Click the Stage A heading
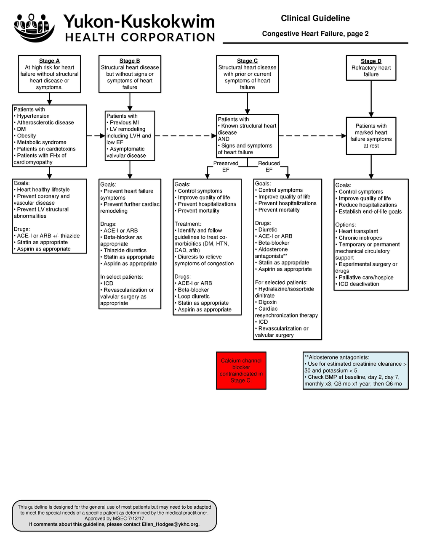click(x=49, y=61)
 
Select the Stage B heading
click(x=130, y=61)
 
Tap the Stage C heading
click(x=247, y=61)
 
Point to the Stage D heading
click(x=371, y=61)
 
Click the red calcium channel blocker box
click(x=241, y=370)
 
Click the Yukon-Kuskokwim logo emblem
click(x=34, y=27)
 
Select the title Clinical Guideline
click(x=315, y=18)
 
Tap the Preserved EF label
click(x=226, y=166)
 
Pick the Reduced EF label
click(x=269, y=166)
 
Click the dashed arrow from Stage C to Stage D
click(x=312, y=136)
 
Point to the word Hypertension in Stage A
click(x=33, y=116)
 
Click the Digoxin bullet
click(x=267, y=302)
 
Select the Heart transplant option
click(x=358, y=231)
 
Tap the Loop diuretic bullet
click(x=194, y=296)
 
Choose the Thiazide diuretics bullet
click(x=125, y=251)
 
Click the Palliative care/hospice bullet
click(x=366, y=277)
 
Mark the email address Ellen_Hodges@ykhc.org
click(x=171, y=524)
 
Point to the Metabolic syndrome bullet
click(x=41, y=143)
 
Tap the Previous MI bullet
click(x=124, y=123)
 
